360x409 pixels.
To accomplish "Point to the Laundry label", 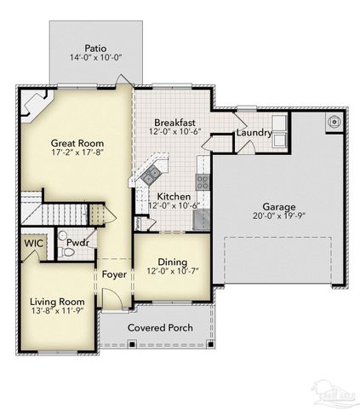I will pyautogui.click(x=254, y=133).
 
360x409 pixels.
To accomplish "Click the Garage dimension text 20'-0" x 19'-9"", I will pyautogui.click(x=278, y=217).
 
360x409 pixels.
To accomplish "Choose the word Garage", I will pyautogui.click(x=278, y=207).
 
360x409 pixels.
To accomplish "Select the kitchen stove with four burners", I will pyautogui.click(x=203, y=181).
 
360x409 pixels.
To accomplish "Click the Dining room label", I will pyautogui.click(x=173, y=262).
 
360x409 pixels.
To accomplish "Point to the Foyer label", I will pyautogui.click(x=114, y=274).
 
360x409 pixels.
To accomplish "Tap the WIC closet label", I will pyautogui.click(x=34, y=243).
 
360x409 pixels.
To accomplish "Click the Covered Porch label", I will pyautogui.click(x=159, y=328).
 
